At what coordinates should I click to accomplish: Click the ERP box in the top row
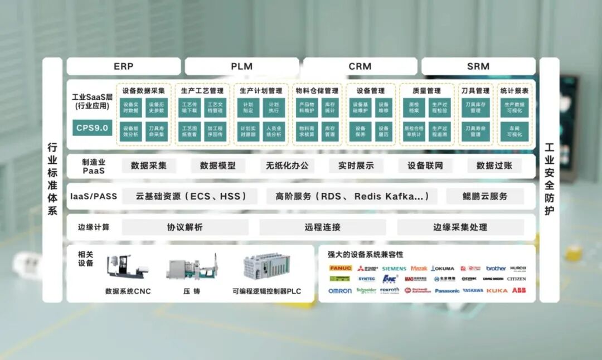123,66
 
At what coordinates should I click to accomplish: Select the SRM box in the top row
478,66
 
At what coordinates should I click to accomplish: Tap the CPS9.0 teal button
93,128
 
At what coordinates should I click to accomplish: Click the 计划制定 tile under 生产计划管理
247,108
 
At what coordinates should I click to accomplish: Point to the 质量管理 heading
426,90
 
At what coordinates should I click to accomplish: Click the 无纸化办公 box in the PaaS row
287,166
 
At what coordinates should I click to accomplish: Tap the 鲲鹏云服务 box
485,196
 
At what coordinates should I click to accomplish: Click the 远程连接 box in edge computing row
322,227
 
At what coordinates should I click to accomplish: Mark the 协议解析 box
185,227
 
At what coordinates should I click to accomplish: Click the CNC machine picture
128,267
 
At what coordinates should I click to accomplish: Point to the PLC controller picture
266,266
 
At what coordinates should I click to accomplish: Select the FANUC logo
340,268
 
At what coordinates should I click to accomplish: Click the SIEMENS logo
394,269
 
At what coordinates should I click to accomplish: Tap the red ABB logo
518,290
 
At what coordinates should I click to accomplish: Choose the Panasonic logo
447,291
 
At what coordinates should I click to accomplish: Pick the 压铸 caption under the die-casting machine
191,291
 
